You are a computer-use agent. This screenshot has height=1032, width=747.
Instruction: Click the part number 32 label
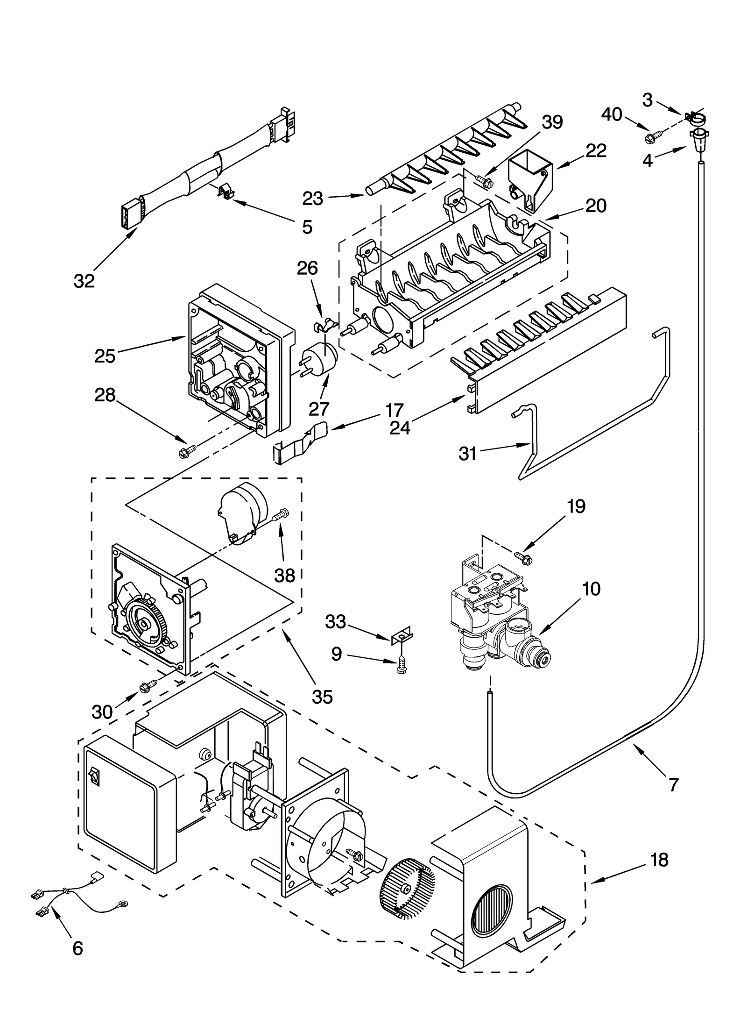[x=84, y=281]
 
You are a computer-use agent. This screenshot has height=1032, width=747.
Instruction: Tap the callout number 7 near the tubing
[x=673, y=785]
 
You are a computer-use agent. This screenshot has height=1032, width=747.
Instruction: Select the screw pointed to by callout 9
[x=400, y=666]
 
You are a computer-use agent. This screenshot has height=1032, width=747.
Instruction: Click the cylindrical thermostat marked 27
[x=320, y=359]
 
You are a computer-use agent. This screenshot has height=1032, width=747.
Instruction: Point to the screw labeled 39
[x=483, y=181]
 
